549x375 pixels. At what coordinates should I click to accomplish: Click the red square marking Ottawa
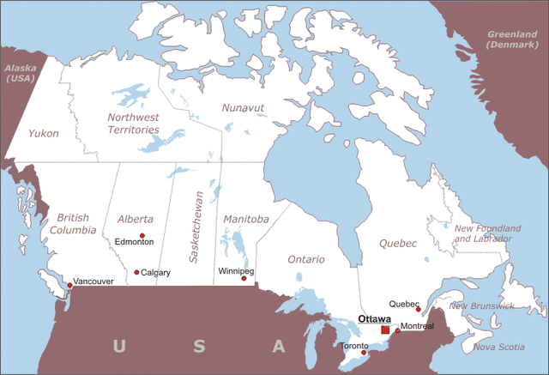point(385,330)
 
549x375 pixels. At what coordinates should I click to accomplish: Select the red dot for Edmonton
point(142,235)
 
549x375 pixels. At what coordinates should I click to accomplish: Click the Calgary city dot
point(136,272)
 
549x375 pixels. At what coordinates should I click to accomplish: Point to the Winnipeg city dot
point(244,278)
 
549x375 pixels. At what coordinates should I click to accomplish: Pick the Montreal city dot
point(397,330)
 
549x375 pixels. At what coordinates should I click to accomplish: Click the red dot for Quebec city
point(418,310)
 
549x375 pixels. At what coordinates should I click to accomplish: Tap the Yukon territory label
point(43,133)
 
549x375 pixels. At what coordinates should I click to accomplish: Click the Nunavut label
point(244,107)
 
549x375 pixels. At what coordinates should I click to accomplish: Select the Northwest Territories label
point(133,123)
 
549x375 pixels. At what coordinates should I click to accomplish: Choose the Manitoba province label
point(245,219)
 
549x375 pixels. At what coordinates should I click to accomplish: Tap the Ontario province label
point(306,259)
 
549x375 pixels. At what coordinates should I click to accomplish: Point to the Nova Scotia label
point(498,347)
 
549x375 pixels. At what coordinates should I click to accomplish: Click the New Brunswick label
point(482,305)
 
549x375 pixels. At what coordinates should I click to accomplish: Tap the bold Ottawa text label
point(374,318)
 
